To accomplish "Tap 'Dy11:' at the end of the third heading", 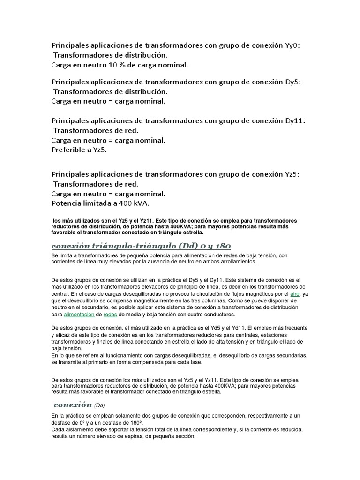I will tap(295, 120).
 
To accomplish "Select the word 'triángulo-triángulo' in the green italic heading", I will tap(129, 246).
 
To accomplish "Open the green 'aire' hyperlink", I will tap(295, 293).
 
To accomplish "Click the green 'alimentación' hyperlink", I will tap(79, 314).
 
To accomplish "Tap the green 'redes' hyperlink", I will tap(110, 314).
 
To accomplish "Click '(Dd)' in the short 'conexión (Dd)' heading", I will tap(101, 405).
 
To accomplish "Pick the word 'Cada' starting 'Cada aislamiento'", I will tap(58, 429).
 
